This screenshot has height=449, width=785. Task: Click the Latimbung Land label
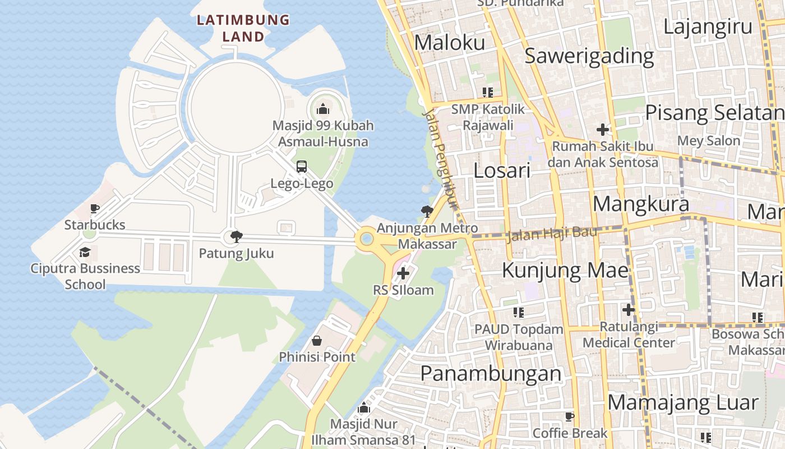click(243, 28)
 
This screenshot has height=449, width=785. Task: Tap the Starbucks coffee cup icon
click(95, 209)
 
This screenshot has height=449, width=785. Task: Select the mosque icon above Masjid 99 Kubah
click(322, 109)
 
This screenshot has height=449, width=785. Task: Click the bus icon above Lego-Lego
click(302, 167)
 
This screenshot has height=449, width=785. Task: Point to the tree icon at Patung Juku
click(237, 236)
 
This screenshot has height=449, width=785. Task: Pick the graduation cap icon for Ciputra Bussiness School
click(85, 252)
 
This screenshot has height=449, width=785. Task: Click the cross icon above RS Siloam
click(403, 274)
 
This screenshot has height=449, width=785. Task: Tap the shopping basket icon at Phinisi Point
click(317, 341)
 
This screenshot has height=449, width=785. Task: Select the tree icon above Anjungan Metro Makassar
click(427, 212)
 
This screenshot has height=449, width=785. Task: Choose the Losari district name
click(502, 171)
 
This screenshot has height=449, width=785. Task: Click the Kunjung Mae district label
click(565, 270)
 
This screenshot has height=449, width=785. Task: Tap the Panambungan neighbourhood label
click(491, 373)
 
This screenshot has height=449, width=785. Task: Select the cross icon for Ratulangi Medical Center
click(629, 310)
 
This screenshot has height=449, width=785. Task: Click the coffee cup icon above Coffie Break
click(570, 416)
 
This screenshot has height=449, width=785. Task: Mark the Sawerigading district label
click(589, 56)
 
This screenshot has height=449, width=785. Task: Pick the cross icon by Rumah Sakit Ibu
click(603, 130)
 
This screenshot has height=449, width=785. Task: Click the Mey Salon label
click(709, 140)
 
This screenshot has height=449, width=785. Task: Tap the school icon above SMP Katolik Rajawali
click(487, 92)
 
